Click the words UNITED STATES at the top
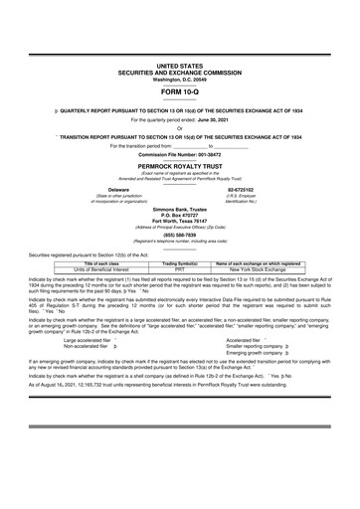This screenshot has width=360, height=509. [x=179, y=65]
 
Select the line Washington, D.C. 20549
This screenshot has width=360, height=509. [x=179, y=77]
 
